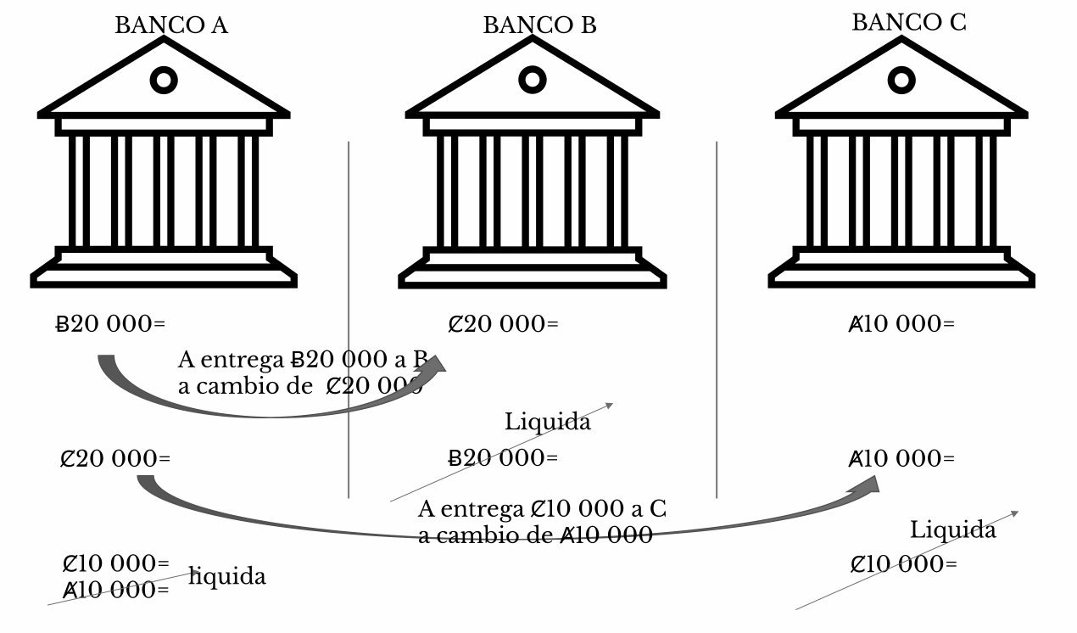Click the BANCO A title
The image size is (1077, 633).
click(x=171, y=25)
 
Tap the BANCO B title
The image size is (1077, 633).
click(x=539, y=25)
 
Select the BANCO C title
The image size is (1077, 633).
click(x=908, y=23)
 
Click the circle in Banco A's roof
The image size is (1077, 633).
click(x=164, y=81)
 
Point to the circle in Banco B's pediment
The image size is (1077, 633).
click(x=533, y=81)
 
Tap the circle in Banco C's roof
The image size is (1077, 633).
click(x=901, y=81)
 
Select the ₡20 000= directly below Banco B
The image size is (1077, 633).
click(x=503, y=324)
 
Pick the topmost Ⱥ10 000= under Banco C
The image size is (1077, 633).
click(x=901, y=324)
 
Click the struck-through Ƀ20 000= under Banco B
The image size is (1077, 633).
click(x=503, y=458)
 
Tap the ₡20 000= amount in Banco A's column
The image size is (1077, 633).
click(x=115, y=458)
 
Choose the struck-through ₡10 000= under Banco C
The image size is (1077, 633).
click(x=904, y=564)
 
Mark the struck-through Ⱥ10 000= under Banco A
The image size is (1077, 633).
click(x=116, y=590)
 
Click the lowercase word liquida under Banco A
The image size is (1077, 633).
click(x=227, y=577)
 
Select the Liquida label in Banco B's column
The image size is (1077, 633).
click(x=548, y=421)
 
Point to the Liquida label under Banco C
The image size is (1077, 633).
click(x=953, y=530)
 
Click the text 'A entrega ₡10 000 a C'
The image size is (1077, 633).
click(x=543, y=510)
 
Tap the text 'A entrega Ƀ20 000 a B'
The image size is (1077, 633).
click(x=303, y=359)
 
